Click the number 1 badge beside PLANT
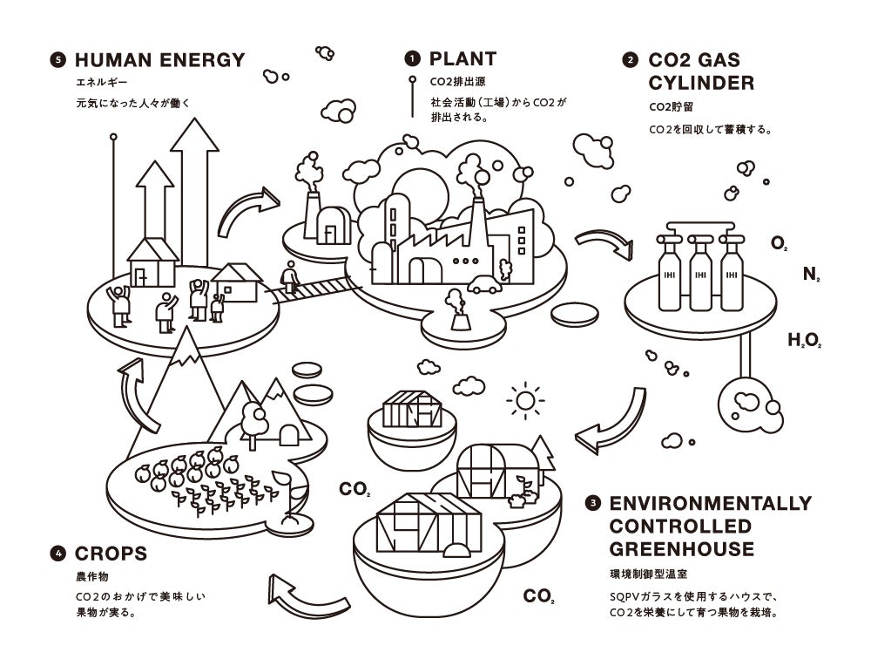pyautogui.click(x=412, y=59)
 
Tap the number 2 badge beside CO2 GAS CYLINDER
pyautogui.click(x=630, y=61)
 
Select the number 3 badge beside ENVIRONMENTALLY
pyautogui.click(x=594, y=504)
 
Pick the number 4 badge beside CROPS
pyautogui.click(x=58, y=554)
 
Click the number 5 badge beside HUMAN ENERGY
pyautogui.click(x=58, y=60)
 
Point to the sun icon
pyautogui.click(x=524, y=401)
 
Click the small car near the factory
pyautogui.click(x=484, y=284)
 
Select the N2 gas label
pyautogui.click(x=811, y=275)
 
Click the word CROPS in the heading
pyautogui.click(x=111, y=554)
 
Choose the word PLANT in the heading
pyautogui.click(x=463, y=59)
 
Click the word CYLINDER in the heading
pyautogui.click(x=701, y=84)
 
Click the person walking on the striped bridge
pyautogui.click(x=289, y=278)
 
